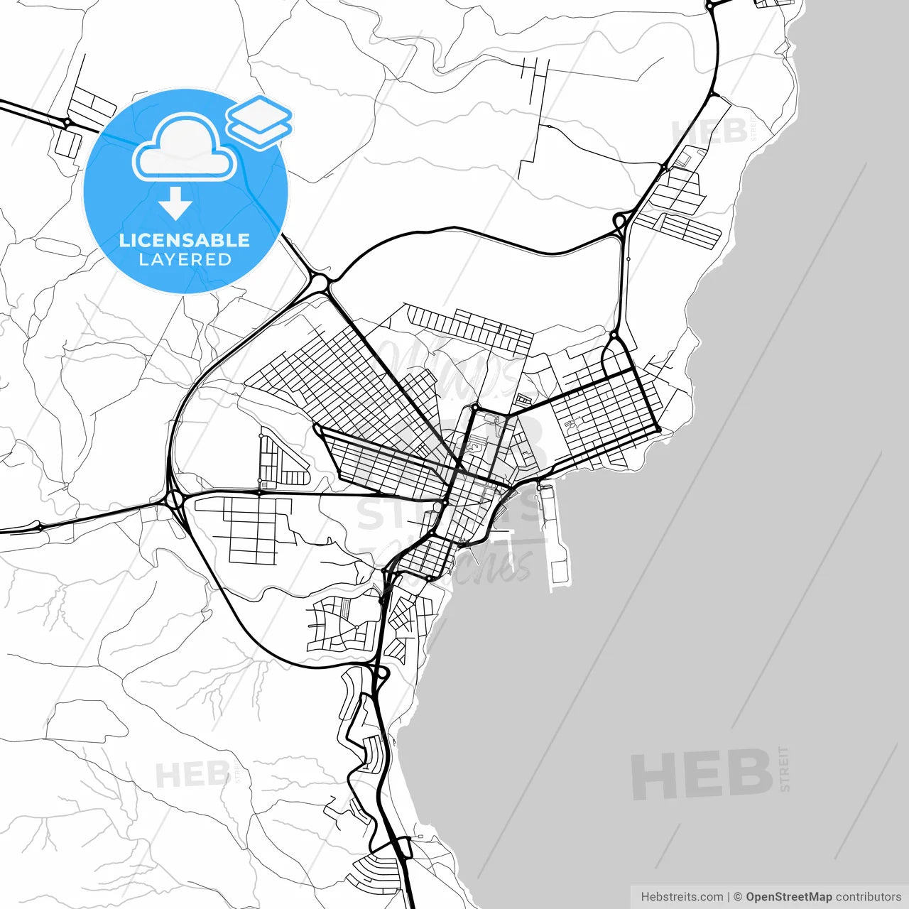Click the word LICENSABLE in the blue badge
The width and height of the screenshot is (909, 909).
click(x=185, y=240)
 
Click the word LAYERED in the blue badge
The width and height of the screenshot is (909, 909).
click(x=185, y=260)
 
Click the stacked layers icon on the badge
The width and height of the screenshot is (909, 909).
click(x=259, y=121)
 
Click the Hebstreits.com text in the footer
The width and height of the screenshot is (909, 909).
click(x=682, y=897)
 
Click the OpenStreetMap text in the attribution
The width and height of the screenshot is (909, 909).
click(x=788, y=897)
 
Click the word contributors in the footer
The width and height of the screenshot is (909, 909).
click(x=868, y=897)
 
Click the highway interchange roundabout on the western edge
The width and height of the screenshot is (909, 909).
click(x=175, y=499)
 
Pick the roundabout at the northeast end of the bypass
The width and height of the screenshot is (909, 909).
click(x=620, y=222)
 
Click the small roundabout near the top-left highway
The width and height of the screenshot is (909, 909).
click(x=67, y=123)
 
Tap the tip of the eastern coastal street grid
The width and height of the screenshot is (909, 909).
click(x=658, y=430)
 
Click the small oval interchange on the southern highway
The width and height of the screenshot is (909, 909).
click(x=381, y=672)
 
